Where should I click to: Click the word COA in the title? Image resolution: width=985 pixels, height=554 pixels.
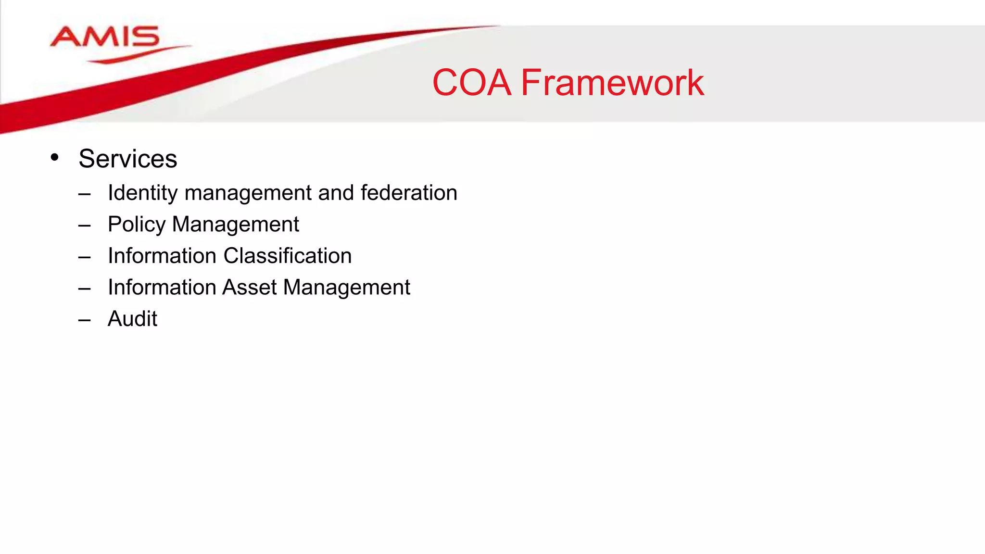coord(471,83)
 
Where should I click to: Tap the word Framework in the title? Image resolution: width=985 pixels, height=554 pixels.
coord(612,83)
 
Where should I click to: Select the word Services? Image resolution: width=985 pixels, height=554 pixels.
coord(127,159)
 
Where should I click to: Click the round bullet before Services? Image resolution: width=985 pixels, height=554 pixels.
coord(54,157)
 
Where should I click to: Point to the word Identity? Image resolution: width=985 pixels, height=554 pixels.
coord(143,193)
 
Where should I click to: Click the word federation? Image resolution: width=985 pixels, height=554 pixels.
coord(409,193)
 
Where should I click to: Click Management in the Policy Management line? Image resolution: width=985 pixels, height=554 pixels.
coord(235,225)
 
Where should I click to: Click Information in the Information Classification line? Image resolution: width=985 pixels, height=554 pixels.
coord(162,256)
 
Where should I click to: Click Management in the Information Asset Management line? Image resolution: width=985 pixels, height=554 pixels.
coord(346,288)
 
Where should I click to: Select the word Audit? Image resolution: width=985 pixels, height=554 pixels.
coord(132,318)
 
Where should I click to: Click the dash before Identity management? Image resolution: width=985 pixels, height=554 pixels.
coord(85,194)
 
